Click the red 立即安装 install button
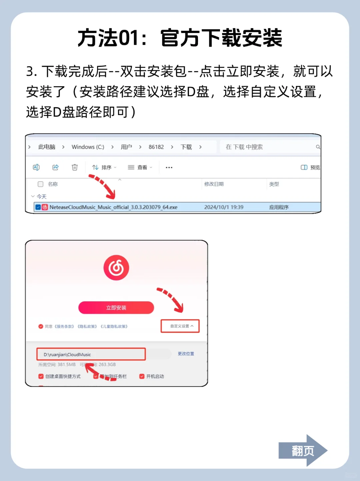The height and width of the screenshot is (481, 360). (116, 308)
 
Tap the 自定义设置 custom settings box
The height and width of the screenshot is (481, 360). (180, 326)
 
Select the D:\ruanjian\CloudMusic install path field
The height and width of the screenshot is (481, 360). (91, 354)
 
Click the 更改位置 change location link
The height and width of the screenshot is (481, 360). (186, 354)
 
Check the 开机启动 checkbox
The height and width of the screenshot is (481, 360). (142, 376)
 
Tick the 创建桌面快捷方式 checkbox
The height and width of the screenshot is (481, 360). (41, 376)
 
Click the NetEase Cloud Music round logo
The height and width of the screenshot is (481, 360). (116, 268)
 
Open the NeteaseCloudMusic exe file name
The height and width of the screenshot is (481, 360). (113, 207)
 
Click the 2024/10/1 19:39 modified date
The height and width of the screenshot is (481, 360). (224, 207)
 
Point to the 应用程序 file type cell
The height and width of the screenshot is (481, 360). (279, 207)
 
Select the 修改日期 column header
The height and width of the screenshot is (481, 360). (214, 184)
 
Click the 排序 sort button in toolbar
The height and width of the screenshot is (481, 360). (104, 167)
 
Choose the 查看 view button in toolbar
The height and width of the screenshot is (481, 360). (140, 167)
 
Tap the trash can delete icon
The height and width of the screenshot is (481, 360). (75, 167)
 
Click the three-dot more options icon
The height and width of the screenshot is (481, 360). (169, 167)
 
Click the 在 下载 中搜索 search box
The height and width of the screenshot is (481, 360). (267, 147)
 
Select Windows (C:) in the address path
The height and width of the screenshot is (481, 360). (88, 147)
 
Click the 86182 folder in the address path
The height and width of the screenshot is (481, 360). (156, 147)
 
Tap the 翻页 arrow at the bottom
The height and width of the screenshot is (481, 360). (303, 451)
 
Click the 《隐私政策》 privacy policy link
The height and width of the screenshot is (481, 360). (87, 326)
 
